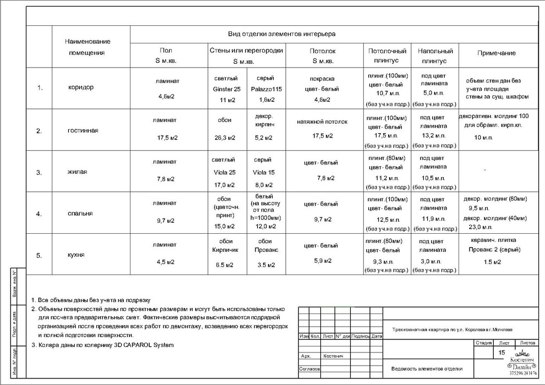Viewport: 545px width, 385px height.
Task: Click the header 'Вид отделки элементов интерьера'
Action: coord(282,34)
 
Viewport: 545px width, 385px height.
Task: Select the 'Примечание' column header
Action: coord(496,53)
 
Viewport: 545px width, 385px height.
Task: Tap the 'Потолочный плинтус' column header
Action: coord(388,56)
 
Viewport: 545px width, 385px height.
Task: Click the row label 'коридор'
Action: coord(81,87)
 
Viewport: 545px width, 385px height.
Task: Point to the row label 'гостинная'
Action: coord(83,130)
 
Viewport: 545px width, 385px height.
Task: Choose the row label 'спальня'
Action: coord(80,213)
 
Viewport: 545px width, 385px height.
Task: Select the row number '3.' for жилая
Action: coord(39,172)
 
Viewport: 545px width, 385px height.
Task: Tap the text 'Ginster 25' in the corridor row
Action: coord(226,89)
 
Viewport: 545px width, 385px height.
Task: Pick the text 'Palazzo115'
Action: coord(266,89)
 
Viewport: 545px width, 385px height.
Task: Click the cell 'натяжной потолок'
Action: coord(322,121)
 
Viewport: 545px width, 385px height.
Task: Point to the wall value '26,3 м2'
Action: coord(225,137)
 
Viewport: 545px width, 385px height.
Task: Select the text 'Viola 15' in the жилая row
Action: coord(263,172)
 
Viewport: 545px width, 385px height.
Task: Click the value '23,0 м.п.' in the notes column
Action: coord(479,227)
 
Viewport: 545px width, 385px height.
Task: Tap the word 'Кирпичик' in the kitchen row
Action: coord(225,250)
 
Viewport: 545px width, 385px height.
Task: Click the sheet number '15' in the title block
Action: coord(502,352)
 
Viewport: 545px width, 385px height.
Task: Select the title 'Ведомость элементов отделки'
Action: coord(427,369)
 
